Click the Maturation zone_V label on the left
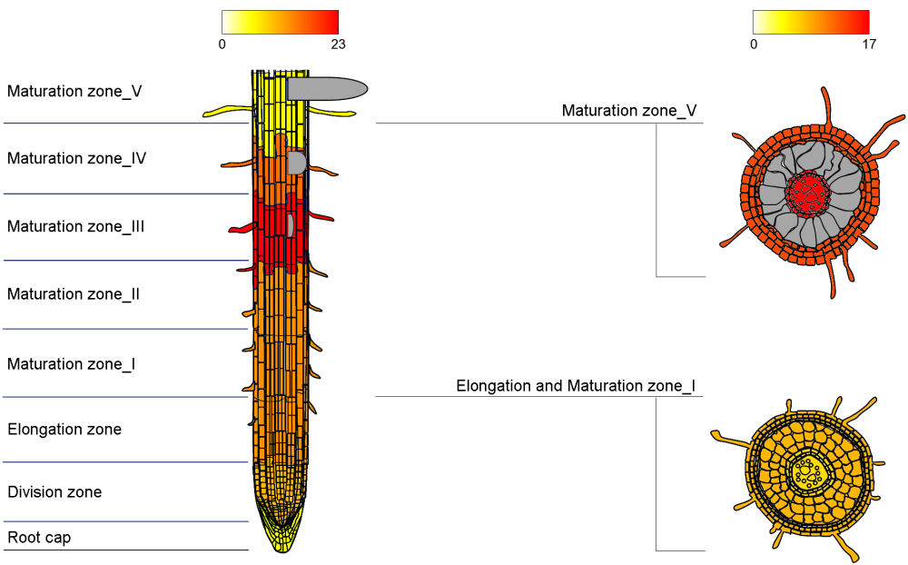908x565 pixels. [x=74, y=92]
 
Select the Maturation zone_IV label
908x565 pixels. [x=77, y=159]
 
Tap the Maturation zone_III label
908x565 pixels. [x=76, y=227]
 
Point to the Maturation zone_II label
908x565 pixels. [x=74, y=294]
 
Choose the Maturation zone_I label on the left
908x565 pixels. [x=72, y=364]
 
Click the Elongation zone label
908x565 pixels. [x=64, y=430]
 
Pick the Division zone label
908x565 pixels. [x=54, y=492]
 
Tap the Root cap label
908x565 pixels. [x=39, y=538]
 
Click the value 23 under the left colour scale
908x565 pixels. [x=338, y=44]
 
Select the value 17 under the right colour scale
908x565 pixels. [x=869, y=44]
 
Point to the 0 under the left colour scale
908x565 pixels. [x=222, y=44]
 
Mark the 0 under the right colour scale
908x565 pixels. [x=754, y=44]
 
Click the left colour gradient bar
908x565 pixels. [x=280, y=22]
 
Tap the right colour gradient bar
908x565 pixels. [x=811, y=22]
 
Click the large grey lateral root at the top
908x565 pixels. [x=327, y=88]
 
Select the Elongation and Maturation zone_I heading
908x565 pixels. [x=576, y=387]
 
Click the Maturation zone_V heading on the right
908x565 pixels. [x=629, y=111]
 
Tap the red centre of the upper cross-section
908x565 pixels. [x=805, y=192]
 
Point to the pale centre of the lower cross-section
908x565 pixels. [x=804, y=471]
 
